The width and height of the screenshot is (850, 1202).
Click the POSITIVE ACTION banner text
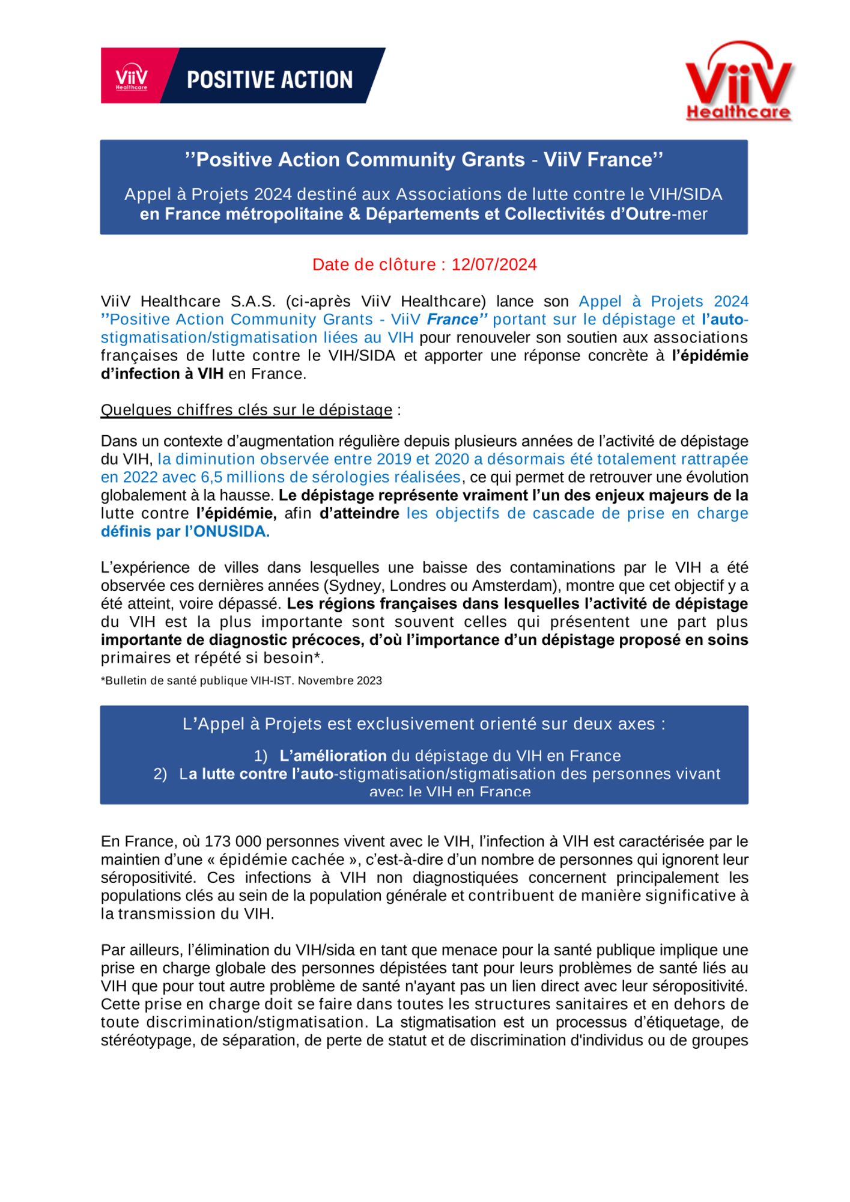tap(270, 80)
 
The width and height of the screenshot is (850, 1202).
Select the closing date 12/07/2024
tap(494, 264)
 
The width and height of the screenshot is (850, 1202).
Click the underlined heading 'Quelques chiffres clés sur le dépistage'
tap(246, 410)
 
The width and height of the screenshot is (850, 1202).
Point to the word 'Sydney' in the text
tap(357, 585)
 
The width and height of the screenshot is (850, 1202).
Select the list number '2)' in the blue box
tap(160, 773)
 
